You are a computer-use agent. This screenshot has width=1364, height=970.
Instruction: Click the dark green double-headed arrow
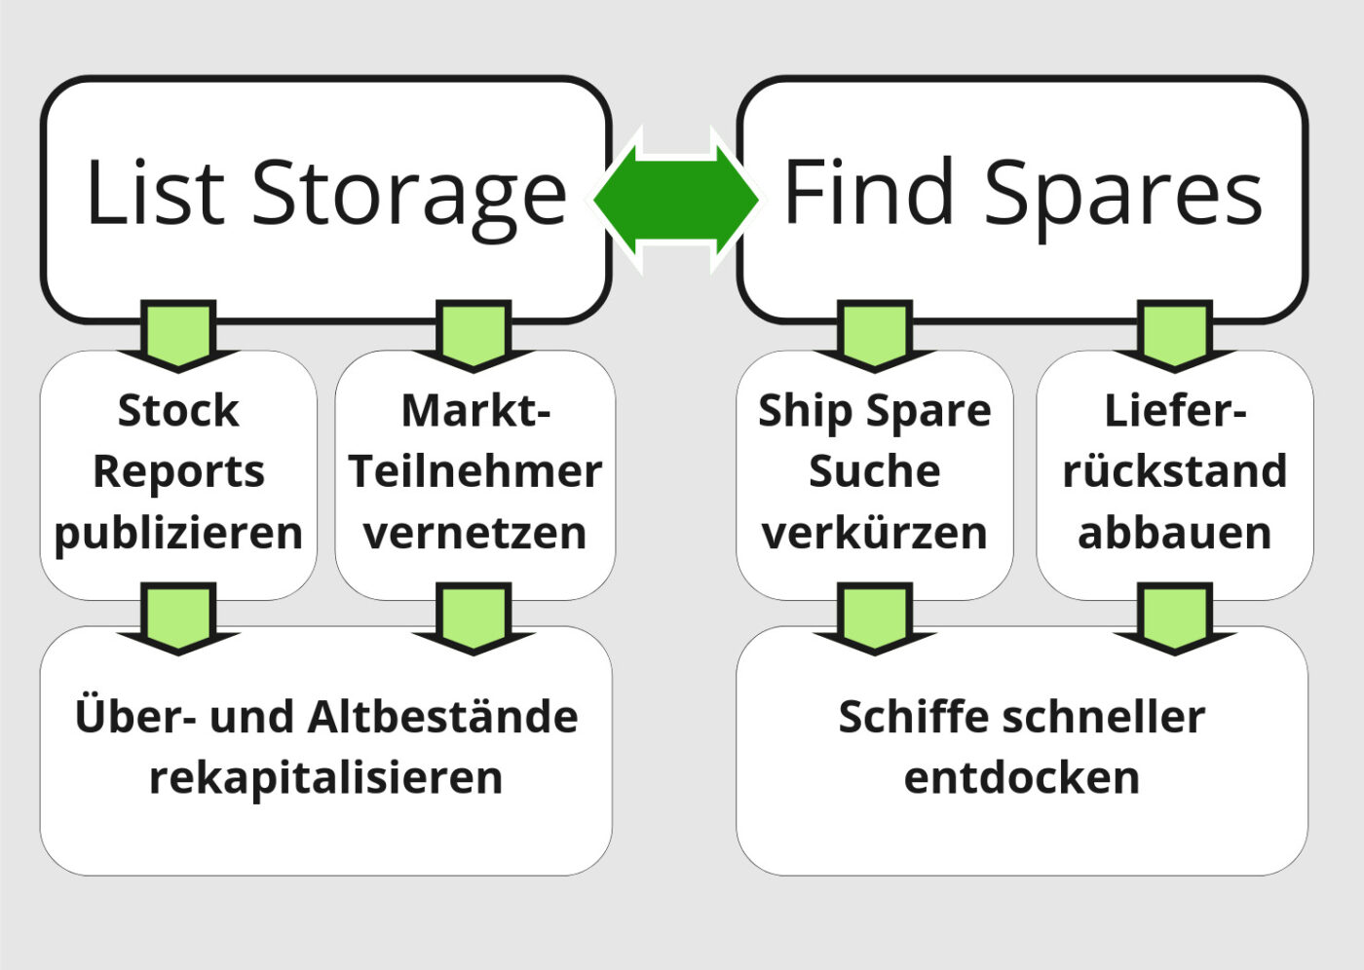676,200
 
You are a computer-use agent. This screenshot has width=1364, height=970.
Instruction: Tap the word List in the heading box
156,191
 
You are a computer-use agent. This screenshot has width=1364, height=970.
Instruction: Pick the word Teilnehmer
475,471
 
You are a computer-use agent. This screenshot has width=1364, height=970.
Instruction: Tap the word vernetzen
475,534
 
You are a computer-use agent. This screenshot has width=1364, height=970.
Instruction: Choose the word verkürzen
875,533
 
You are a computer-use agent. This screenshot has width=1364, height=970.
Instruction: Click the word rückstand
1175,471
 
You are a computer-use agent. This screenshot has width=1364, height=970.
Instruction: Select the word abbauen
1175,533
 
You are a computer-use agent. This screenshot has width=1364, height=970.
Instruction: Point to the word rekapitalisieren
326,779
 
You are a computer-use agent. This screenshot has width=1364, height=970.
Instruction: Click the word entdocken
1022,778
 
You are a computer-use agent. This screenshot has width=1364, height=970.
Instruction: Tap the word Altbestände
442,716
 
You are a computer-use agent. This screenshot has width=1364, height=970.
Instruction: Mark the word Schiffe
914,717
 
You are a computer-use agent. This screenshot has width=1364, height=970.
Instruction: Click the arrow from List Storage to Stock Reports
178,336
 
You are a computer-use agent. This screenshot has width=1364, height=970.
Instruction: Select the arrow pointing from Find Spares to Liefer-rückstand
1175,336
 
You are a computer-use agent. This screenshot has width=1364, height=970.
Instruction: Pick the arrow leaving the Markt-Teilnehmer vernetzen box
474,618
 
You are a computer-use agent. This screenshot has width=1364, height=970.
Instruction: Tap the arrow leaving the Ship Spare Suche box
875,618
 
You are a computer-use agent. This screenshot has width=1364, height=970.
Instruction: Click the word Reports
178,473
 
